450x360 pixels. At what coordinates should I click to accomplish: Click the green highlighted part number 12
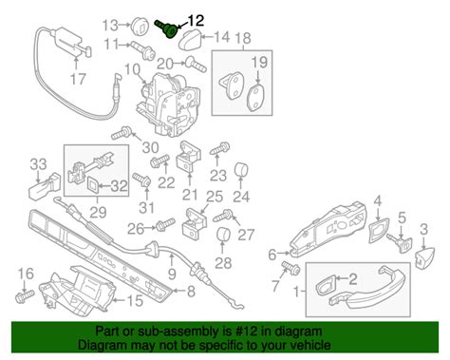coord(167,28)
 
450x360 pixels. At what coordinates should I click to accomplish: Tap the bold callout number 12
coord(196,21)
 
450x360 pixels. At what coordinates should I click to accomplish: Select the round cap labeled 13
coord(141,26)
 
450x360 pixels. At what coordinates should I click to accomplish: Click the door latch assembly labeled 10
coord(168,104)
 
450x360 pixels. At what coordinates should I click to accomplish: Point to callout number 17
coord(78,79)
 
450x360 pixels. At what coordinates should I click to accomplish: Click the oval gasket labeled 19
coord(256,98)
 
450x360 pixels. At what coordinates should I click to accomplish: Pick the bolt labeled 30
coord(122,133)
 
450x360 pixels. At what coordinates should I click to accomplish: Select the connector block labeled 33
coord(45,186)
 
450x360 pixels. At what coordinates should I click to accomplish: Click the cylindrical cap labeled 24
coord(241,170)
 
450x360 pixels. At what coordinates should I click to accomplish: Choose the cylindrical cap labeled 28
coord(223,235)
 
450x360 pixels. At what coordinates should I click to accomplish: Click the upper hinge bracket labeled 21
coord(190,156)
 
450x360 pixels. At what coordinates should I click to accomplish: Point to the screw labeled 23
coord(219,148)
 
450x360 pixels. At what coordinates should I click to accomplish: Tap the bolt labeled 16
coord(25,295)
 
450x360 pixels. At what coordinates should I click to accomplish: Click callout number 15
coord(135,300)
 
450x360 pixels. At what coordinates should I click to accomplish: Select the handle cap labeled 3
coord(423,256)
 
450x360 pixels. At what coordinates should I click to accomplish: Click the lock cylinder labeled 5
coord(400,244)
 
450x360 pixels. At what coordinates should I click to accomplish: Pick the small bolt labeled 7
coord(291,267)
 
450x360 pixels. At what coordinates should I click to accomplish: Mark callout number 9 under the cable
coord(172,274)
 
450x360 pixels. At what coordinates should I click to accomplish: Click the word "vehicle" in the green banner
coord(309,345)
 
